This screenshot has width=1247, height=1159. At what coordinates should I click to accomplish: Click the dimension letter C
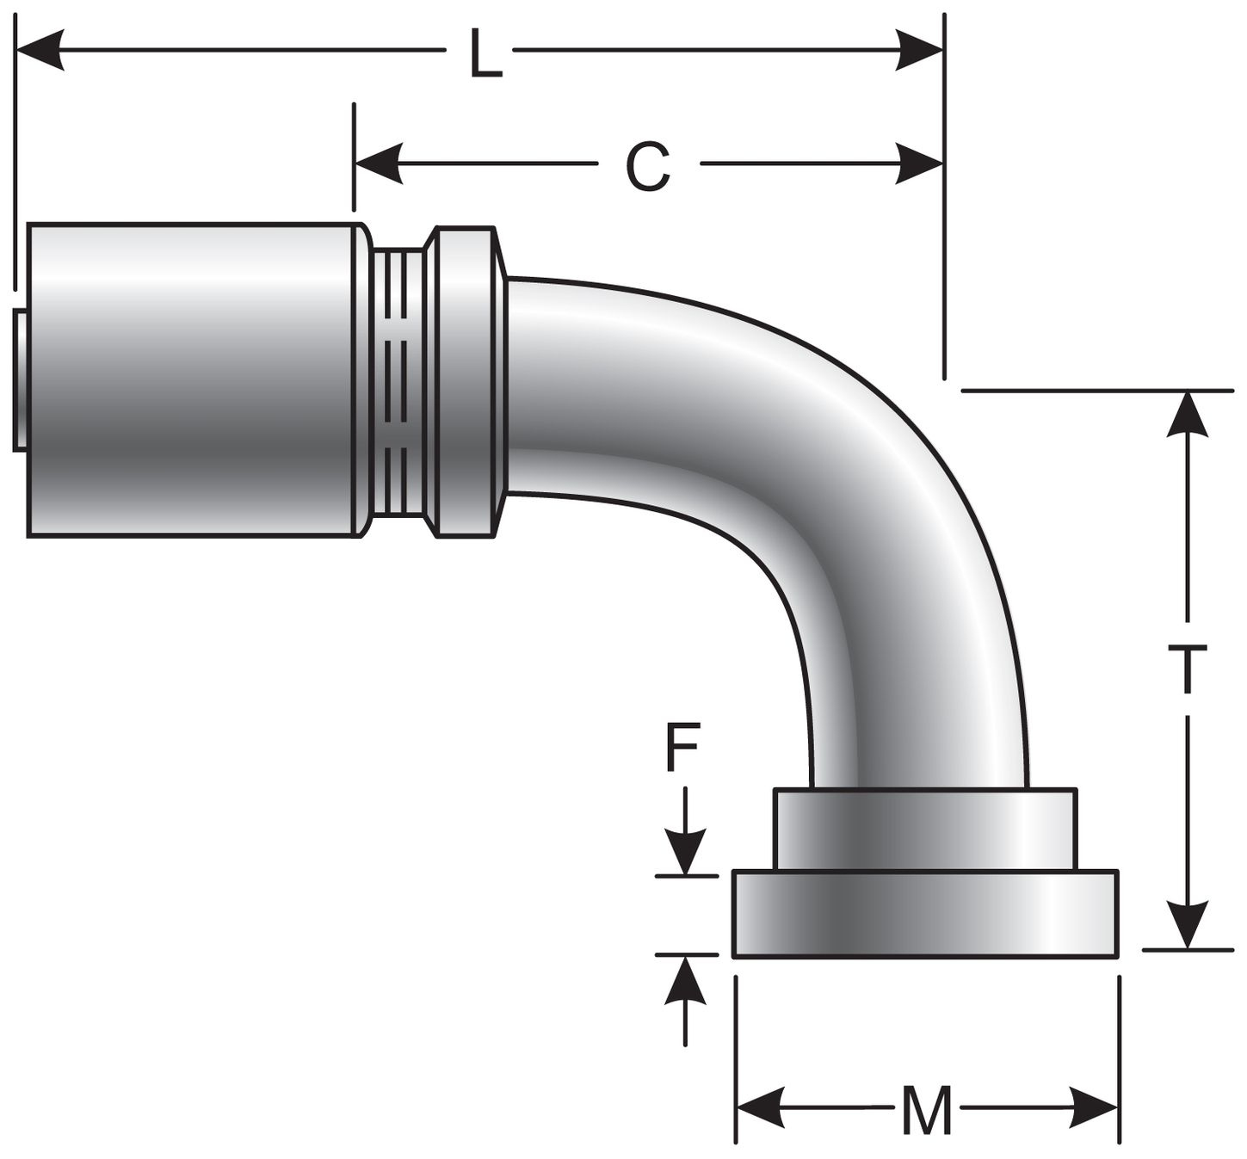tap(647, 167)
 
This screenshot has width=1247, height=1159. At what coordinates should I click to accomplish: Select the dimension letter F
tap(682, 749)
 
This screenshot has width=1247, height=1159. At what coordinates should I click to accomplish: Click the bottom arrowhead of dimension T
tap(1188, 925)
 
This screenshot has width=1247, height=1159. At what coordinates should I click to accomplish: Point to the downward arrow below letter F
tap(685, 852)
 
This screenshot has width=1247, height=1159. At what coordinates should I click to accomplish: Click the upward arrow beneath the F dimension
tap(685, 981)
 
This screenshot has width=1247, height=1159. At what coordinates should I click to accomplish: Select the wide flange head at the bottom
tap(925, 914)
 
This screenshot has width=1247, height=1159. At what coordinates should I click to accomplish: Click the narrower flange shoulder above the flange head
tap(925, 829)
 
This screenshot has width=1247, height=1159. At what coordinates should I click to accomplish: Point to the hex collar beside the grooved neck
tap(465, 382)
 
